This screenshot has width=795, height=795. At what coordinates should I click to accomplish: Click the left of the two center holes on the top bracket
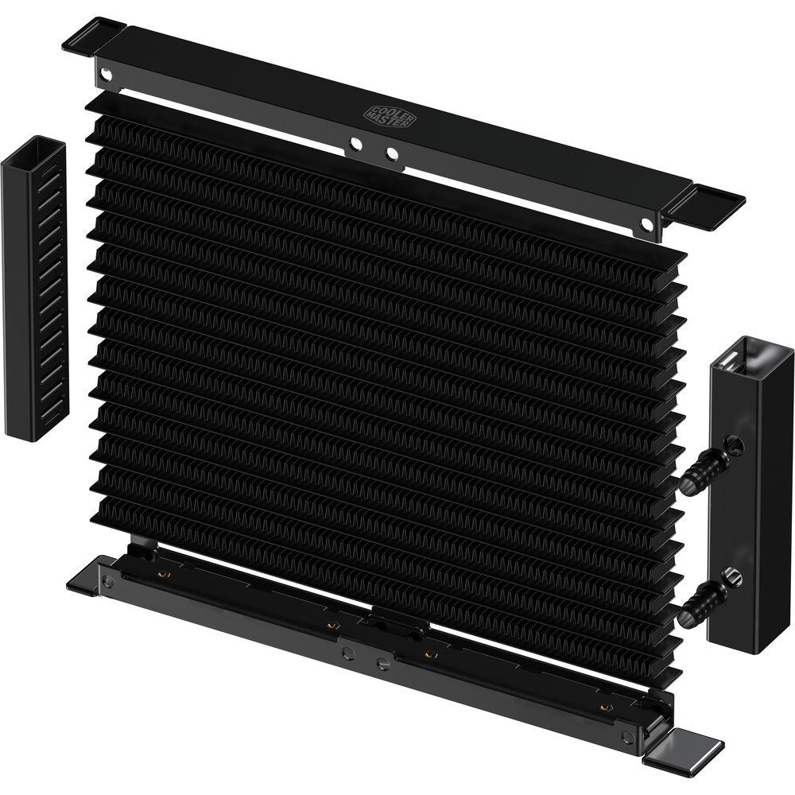pyautogui.click(x=355, y=145)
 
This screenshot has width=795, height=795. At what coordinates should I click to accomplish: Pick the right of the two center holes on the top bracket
pyautogui.click(x=391, y=153)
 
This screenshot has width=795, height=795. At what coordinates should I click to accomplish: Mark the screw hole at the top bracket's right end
pyautogui.click(x=646, y=225)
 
